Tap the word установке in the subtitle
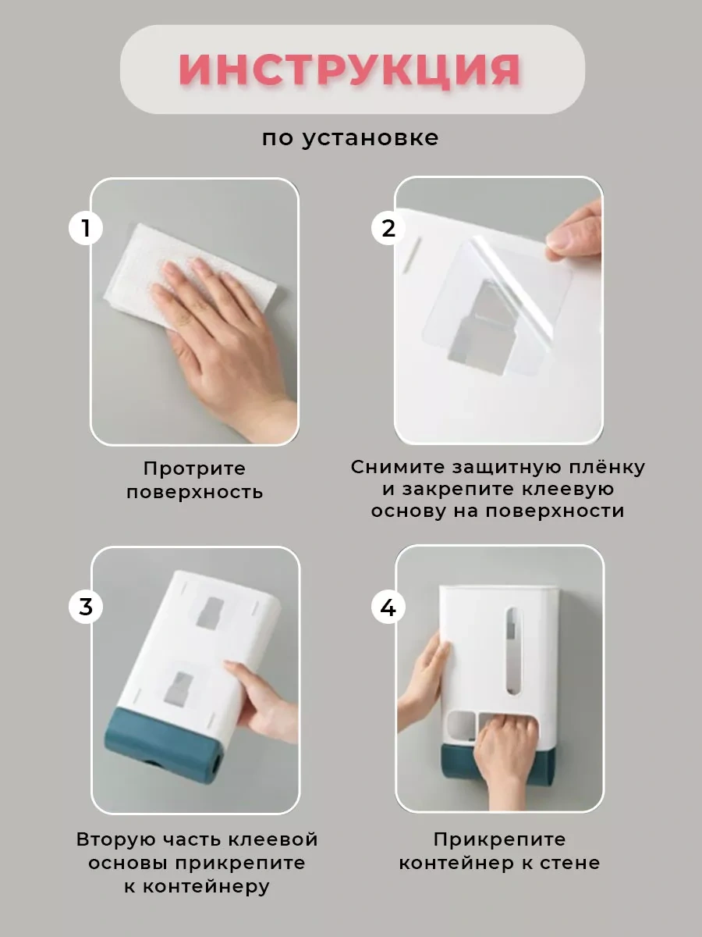(370, 139)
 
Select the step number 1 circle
(86, 228)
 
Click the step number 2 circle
(388, 228)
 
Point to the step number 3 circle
(86, 607)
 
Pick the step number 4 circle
(388, 607)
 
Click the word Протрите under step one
(194, 468)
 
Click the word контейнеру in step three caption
(206, 886)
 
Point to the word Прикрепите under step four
(499, 839)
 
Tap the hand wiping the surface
(222, 341)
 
